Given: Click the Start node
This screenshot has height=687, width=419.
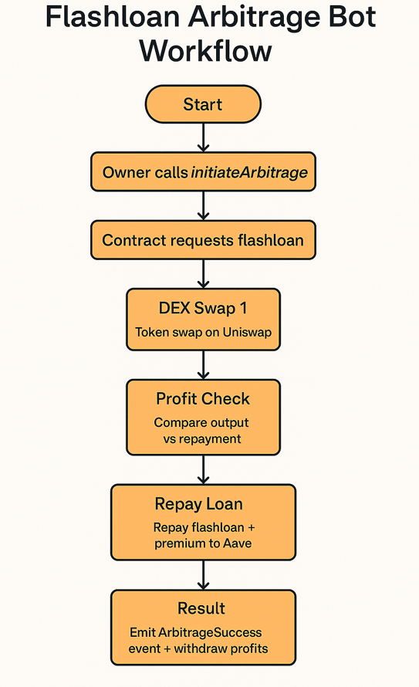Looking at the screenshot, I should click(203, 105).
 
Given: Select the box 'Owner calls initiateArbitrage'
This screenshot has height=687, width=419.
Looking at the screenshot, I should click(203, 172).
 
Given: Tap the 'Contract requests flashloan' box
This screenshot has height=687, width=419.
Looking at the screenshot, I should click(203, 240).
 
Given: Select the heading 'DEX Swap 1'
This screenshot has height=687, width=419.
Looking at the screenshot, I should click(203, 308).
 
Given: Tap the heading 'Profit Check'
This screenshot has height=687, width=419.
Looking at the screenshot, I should click(203, 399).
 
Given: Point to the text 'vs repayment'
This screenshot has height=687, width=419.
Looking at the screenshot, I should click(203, 438).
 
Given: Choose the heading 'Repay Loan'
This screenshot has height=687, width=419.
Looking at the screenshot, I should click(203, 504).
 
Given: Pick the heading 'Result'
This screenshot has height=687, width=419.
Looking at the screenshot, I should click(203, 609).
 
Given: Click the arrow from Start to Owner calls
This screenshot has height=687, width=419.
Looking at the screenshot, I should click(203, 138).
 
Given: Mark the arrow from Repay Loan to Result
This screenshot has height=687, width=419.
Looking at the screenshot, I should click(203, 574).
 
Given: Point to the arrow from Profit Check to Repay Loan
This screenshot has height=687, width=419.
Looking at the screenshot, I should click(203, 469).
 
